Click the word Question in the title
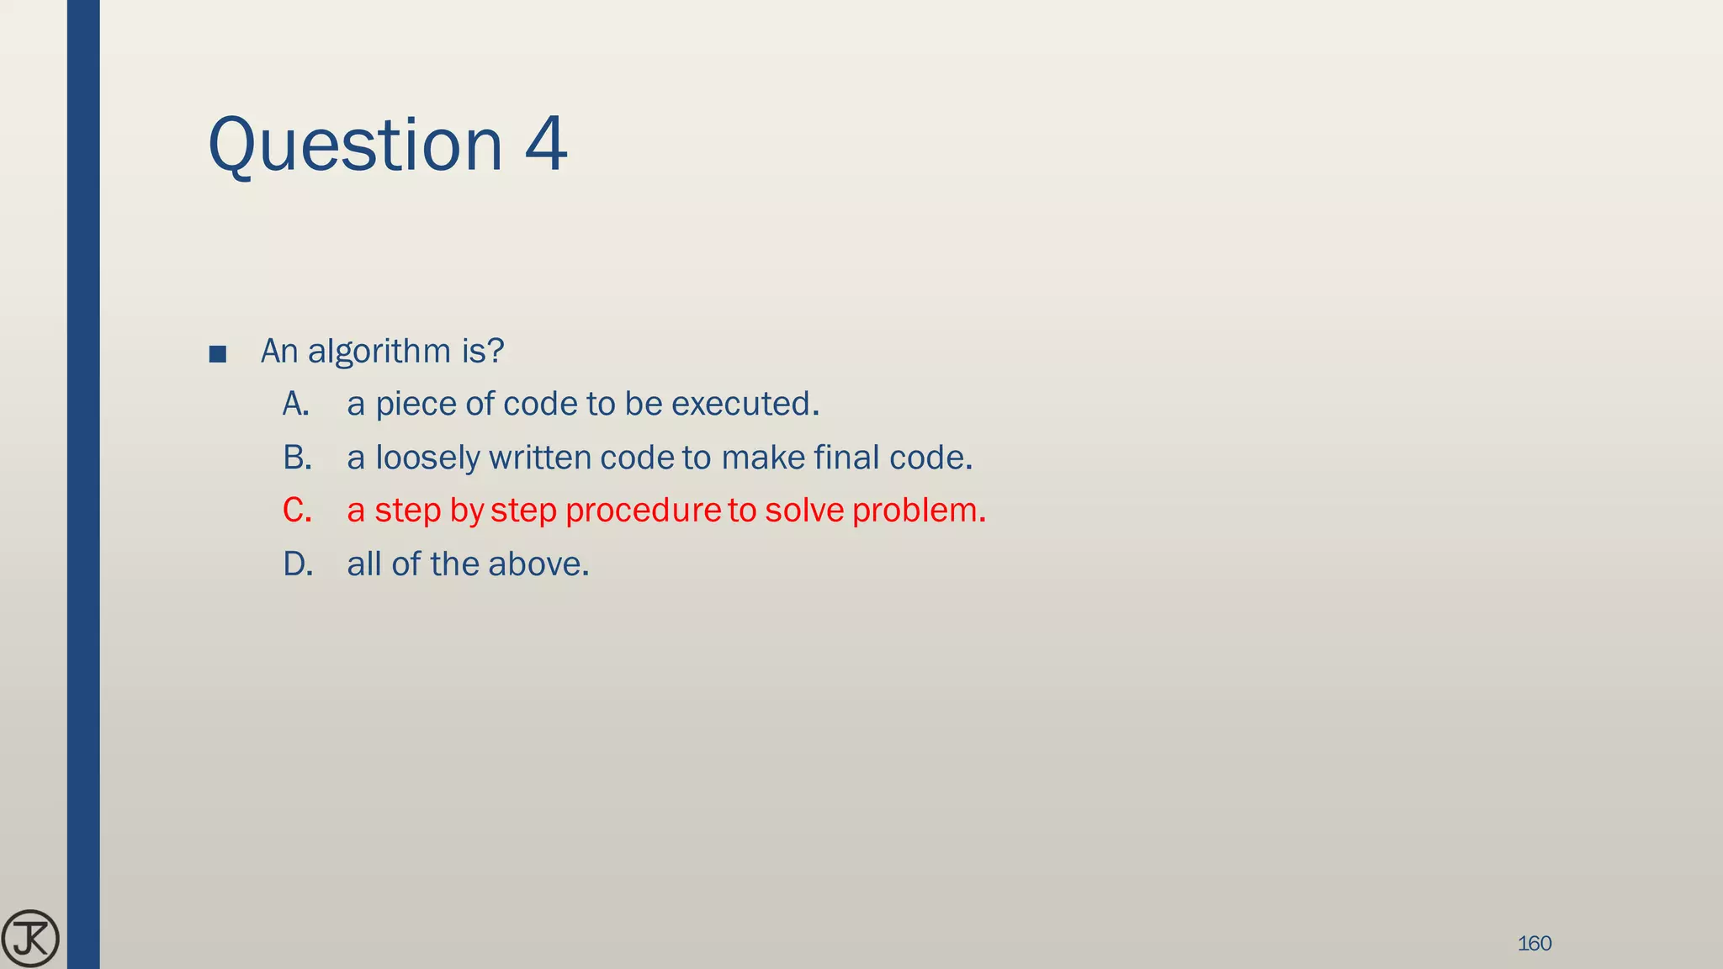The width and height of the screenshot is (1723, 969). (354, 145)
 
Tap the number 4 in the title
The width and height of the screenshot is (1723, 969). (545, 145)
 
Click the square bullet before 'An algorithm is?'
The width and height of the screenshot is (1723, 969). (218, 353)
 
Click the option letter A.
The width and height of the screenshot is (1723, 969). (295, 405)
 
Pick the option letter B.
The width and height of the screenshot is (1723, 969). (297, 458)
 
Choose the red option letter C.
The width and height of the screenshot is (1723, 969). (297, 511)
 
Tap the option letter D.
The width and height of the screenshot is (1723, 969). (298, 564)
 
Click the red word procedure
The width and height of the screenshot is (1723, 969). (644, 511)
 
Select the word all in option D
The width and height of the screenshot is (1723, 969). (364, 564)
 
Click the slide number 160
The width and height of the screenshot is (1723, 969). (1535, 944)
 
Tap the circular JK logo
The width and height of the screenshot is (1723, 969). (30, 939)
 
